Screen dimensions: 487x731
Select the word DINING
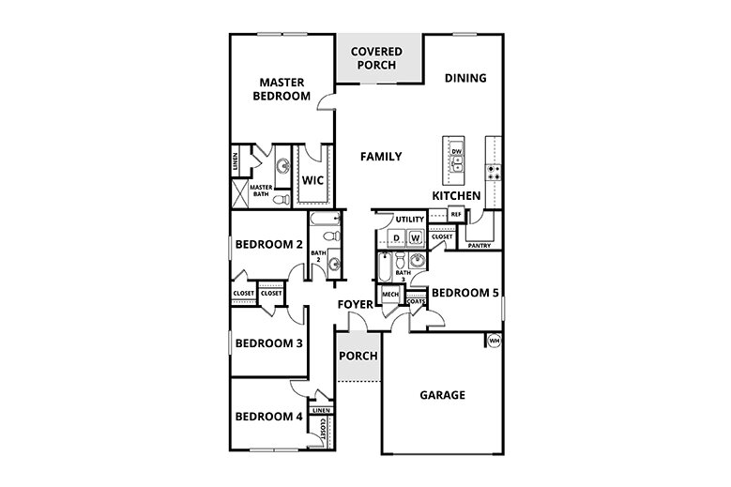(465, 78)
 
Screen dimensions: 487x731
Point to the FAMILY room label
(382, 157)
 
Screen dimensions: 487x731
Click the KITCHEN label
(456, 195)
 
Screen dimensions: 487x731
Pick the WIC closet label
(312, 180)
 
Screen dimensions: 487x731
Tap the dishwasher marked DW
(457, 151)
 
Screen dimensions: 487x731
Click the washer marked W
(415, 239)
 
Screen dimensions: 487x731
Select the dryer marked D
(396, 239)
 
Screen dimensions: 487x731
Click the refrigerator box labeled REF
(456, 215)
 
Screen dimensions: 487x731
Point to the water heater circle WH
(494, 341)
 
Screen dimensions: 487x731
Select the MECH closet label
(391, 295)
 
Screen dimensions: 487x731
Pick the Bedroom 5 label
(465, 293)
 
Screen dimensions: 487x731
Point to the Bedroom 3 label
(268, 343)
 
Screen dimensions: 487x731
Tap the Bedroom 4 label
(268, 417)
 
